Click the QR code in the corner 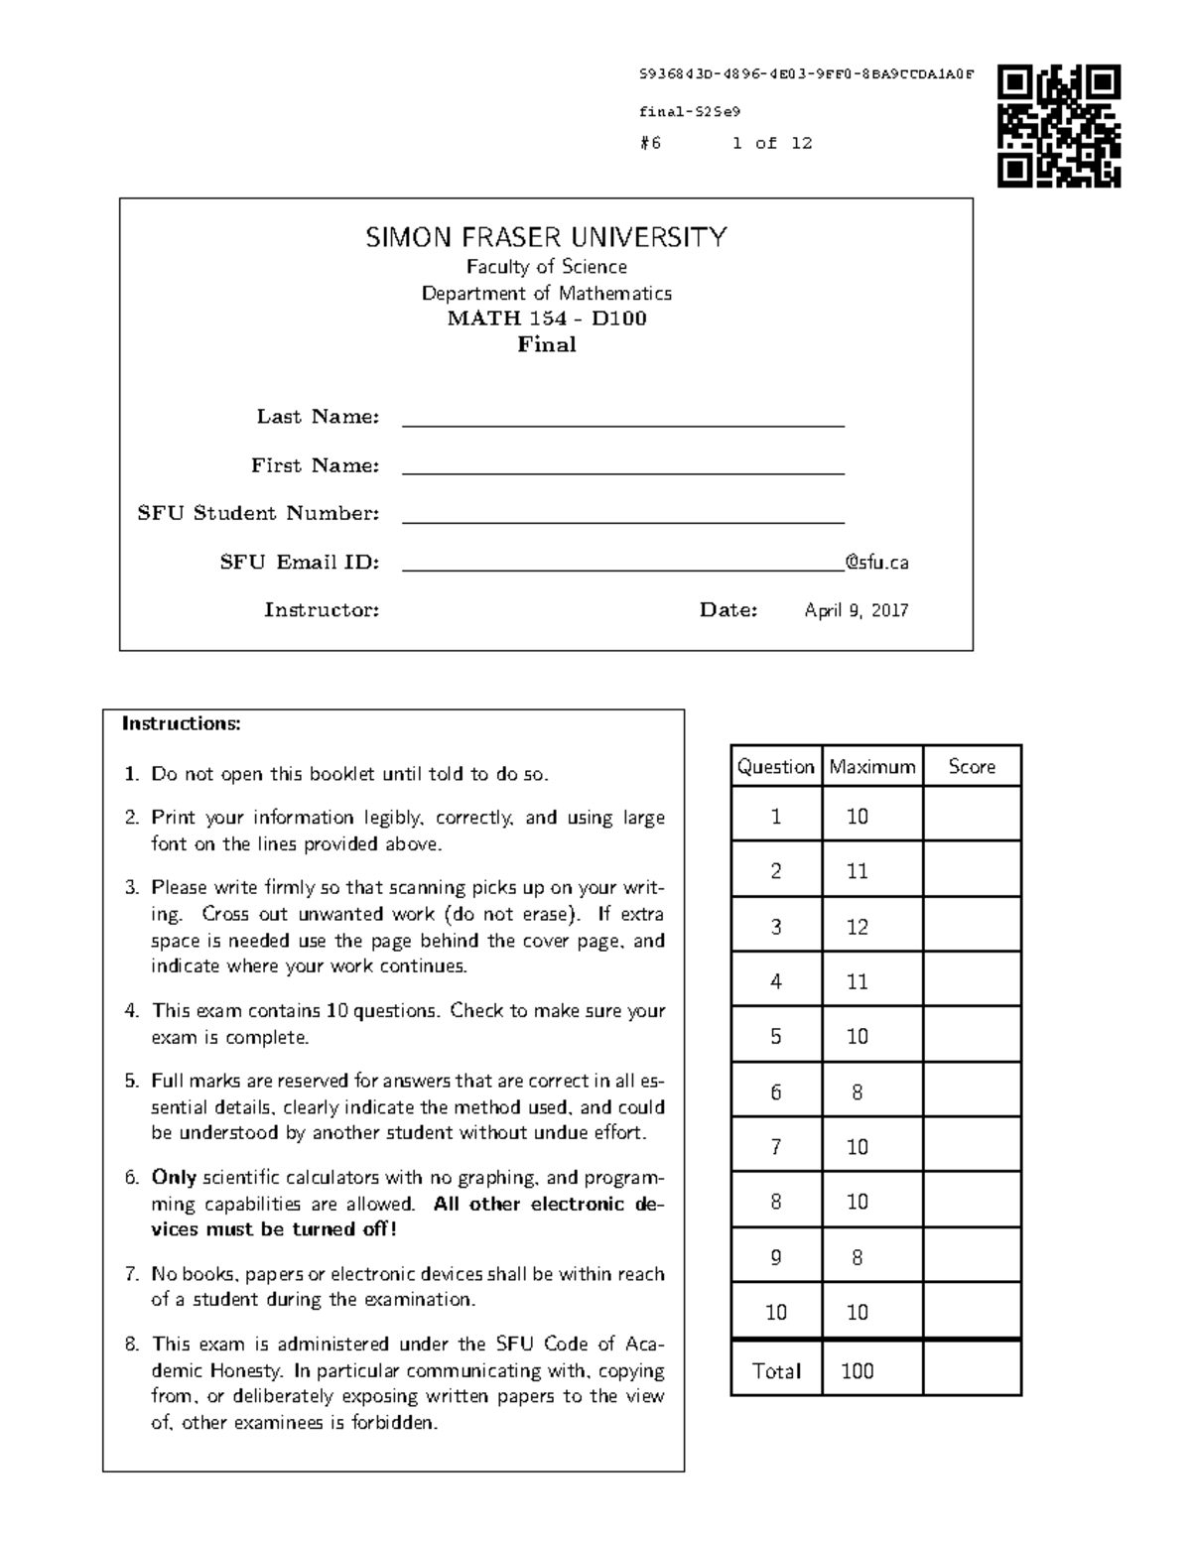1059,126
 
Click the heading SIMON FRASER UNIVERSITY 546,238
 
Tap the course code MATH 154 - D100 546,319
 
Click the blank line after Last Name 622,419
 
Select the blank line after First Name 622,467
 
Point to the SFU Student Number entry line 622,515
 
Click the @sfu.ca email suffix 876,563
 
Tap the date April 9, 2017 856,610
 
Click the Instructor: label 322,610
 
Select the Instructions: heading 181,723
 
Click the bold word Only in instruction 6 174,1178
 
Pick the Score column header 971,766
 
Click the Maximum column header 871,766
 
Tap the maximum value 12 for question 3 857,927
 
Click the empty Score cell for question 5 971,1036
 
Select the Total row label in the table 776,1371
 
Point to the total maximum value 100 857,1371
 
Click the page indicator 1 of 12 772,143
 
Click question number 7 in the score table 775,1147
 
